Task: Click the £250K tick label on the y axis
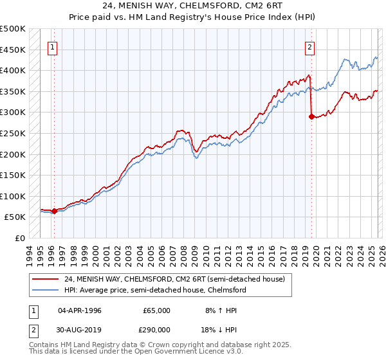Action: (12, 133)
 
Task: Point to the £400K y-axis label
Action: (12, 70)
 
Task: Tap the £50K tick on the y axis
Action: (14, 217)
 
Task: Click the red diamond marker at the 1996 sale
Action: (54, 211)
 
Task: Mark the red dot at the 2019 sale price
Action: (312, 116)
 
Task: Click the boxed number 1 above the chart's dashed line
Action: (52, 46)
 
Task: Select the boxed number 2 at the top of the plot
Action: (310, 46)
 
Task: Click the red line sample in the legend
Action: (45, 279)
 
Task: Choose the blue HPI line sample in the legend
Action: (45, 290)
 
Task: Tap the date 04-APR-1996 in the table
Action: (79, 310)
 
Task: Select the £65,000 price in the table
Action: (156, 310)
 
